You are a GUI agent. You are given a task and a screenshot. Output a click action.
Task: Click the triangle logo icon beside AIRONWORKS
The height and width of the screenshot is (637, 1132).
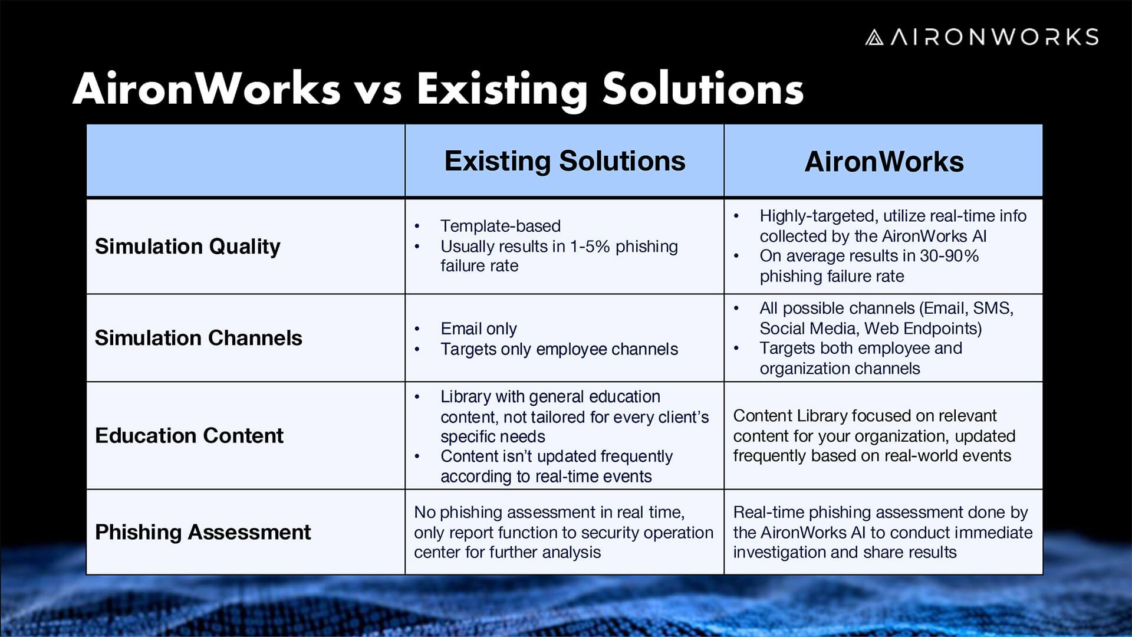tap(874, 38)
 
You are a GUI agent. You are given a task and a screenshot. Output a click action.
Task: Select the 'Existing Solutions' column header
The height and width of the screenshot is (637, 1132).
tap(565, 161)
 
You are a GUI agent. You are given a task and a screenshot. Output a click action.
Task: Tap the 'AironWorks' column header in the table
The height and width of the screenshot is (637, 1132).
tap(884, 162)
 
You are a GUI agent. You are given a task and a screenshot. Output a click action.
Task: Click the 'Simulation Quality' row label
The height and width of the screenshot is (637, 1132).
tap(187, 247)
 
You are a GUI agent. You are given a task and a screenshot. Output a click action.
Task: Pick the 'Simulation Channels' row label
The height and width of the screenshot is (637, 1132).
tap(198, 338)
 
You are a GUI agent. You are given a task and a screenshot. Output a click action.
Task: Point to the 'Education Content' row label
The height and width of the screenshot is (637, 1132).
tap(189, 436)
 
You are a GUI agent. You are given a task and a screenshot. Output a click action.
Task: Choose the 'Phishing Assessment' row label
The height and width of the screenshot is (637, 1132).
tap(202, 532)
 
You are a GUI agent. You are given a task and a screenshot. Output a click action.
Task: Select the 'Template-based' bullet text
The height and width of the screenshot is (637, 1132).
tap(501, 226)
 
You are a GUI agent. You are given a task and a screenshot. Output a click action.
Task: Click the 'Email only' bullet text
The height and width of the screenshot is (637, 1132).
tap(479, 329)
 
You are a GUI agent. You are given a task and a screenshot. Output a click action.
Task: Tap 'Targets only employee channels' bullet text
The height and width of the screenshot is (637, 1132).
tap(559, 349)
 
